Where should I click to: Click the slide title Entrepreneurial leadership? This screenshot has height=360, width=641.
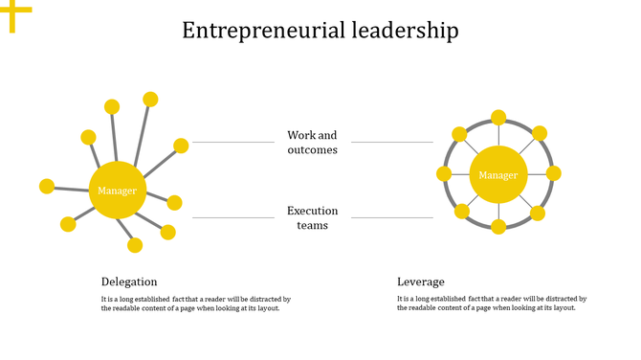[x=320, y=31]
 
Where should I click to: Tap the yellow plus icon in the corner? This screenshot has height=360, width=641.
[x=14, y=12]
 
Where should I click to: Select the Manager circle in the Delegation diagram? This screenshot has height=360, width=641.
[x=117, y=191]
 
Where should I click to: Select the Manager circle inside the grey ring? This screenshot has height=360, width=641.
[x=497, y=175]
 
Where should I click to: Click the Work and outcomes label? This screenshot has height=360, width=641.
[x=313, y=143]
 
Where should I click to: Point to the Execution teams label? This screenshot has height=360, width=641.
[x=313, y=217]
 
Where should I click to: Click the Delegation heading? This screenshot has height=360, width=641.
[x=129, y=281]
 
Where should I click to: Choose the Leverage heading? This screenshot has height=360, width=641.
[x=421, y=281]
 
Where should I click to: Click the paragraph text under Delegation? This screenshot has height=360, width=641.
[x=195, y=304]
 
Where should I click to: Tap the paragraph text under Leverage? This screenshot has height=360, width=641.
[x=491, y=304]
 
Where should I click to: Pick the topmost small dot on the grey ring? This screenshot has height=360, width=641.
[x=498, y=118]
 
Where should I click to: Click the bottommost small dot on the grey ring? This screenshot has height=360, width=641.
[x=498, y=227]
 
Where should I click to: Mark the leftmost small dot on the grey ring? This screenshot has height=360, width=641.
[x=444, y=173]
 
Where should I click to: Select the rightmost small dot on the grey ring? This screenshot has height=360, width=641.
[x=553, y=173]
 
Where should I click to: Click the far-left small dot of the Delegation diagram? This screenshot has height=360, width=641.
[x=47, y=186]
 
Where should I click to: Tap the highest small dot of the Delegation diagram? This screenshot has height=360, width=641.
[x=150, y=99]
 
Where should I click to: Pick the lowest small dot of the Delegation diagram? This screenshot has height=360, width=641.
[x=136, y=245]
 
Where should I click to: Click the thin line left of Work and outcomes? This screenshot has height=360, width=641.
[x=233, y=143]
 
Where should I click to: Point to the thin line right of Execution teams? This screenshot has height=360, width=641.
[x=392, y=217]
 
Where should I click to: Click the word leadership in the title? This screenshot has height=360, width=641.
[x=404, y=31]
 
